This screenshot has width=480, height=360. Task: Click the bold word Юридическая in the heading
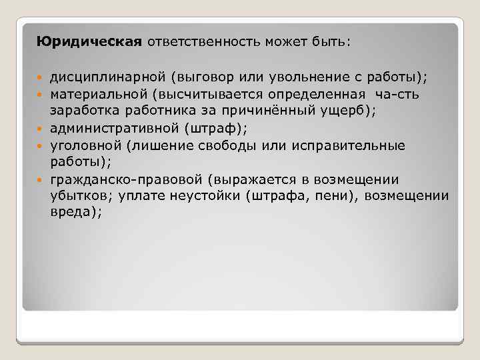[x=89, y=42]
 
